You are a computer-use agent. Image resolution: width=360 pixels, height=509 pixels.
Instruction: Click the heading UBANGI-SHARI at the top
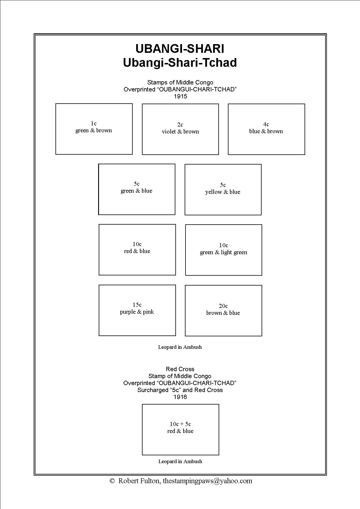180,49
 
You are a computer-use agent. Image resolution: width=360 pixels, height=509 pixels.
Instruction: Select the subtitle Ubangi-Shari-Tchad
180,63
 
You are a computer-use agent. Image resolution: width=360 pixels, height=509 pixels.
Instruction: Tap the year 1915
180,96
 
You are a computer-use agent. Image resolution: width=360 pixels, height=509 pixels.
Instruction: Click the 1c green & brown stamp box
94,129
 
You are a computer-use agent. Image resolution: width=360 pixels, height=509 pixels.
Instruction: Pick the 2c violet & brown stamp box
180,129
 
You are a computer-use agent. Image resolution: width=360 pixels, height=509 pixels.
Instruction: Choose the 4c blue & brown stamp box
266,129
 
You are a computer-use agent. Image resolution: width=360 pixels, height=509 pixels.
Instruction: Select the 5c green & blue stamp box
137,189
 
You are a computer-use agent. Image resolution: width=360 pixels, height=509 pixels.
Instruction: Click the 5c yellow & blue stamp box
223,189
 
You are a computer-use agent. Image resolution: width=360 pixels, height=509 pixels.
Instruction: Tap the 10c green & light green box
224,250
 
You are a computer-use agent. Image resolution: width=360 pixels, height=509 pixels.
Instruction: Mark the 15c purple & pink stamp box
137,310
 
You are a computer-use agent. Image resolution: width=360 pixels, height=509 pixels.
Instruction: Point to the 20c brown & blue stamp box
223,311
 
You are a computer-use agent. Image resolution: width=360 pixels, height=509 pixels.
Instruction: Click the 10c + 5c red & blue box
180,429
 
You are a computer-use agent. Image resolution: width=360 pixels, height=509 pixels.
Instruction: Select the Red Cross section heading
180,369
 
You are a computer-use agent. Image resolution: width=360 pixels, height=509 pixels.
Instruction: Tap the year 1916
180,397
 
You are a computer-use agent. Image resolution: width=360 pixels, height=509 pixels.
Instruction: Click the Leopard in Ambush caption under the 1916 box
180,461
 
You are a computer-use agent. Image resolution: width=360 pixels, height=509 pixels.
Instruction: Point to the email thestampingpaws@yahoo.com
207,481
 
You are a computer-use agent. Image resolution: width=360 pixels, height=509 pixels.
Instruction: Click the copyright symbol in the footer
112,481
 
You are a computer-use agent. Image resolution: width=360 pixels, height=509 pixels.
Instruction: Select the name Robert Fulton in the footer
139,481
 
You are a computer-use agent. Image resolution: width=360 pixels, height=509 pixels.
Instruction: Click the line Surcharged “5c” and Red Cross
180,390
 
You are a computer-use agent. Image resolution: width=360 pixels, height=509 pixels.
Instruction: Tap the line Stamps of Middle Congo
180,82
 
